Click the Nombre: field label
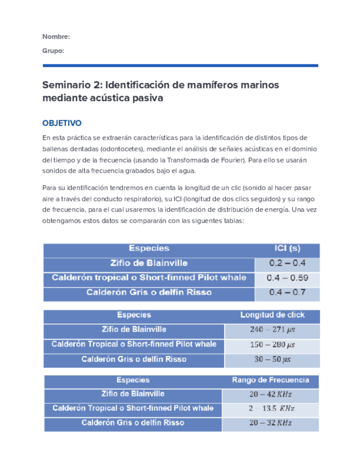coord(56,36)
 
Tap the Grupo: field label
coord(53,51)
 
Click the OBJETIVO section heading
coord(62,123)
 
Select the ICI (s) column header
coord(287,248)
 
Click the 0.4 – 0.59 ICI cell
coord(287,278)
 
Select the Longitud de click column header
coord(272,315)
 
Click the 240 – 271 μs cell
coord(272,330)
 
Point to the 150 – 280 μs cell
coord(272,345)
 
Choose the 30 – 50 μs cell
coord(272,360)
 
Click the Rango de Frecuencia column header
coord(270,380)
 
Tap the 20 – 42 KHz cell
coord(270,395)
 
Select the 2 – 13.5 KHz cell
coord(271,409)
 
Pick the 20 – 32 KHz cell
coord(270,423)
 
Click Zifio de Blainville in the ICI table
coord(149,263)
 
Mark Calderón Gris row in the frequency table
coord(133,423)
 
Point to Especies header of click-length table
coord(134,315)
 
